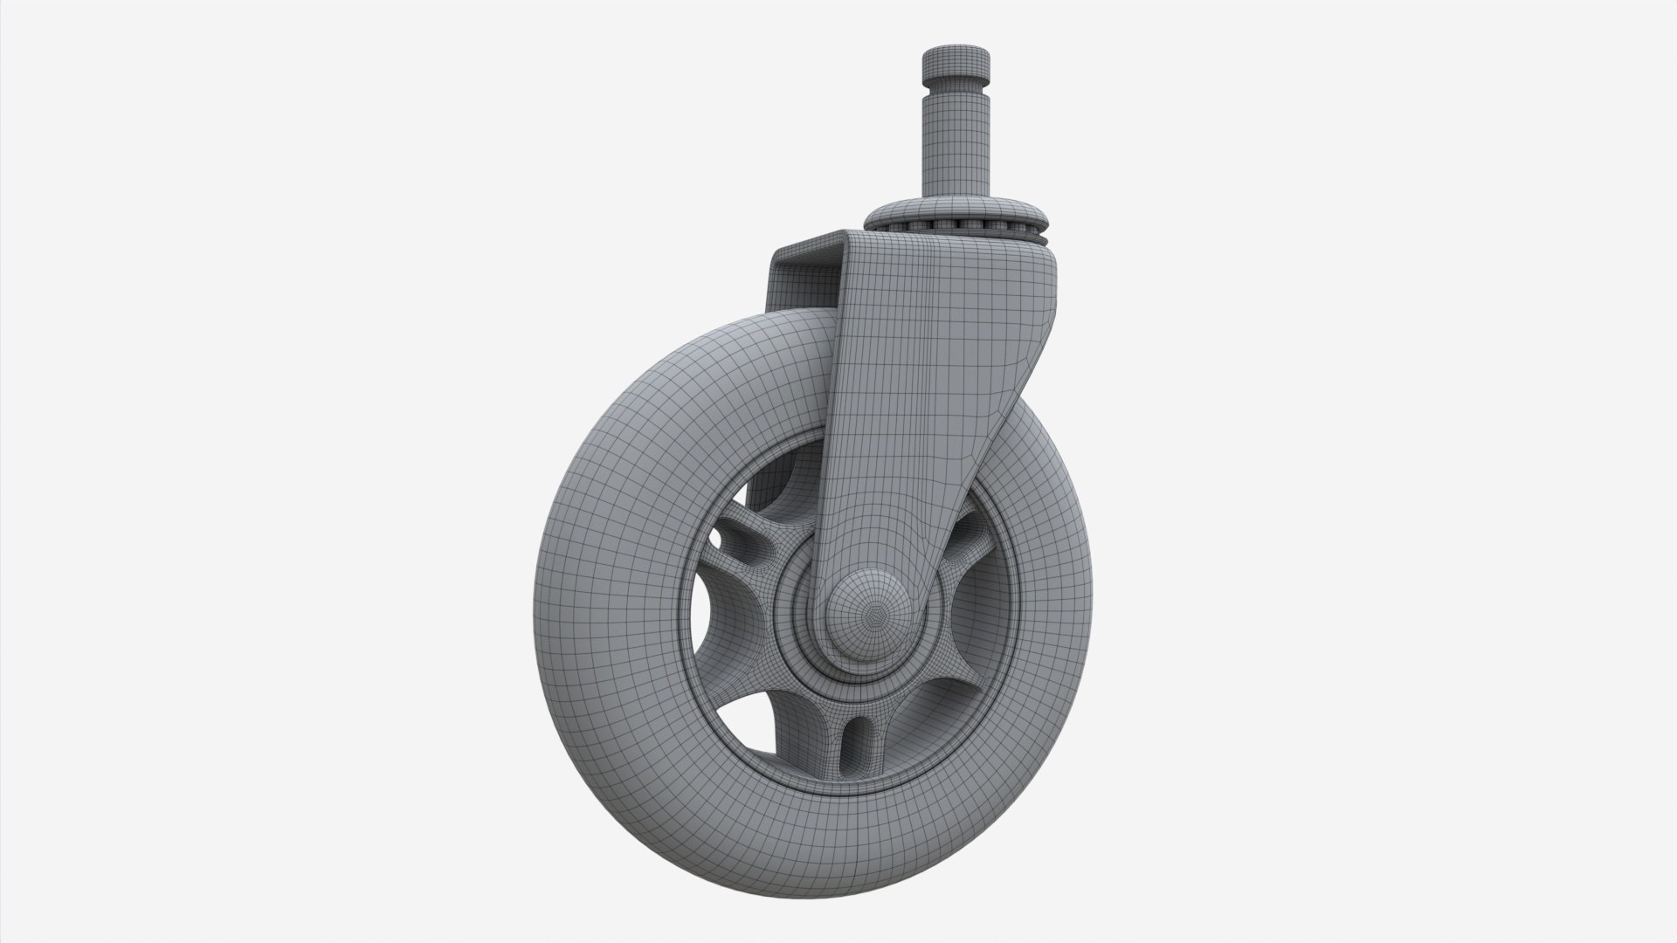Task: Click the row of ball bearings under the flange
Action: (x=956, y=230)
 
